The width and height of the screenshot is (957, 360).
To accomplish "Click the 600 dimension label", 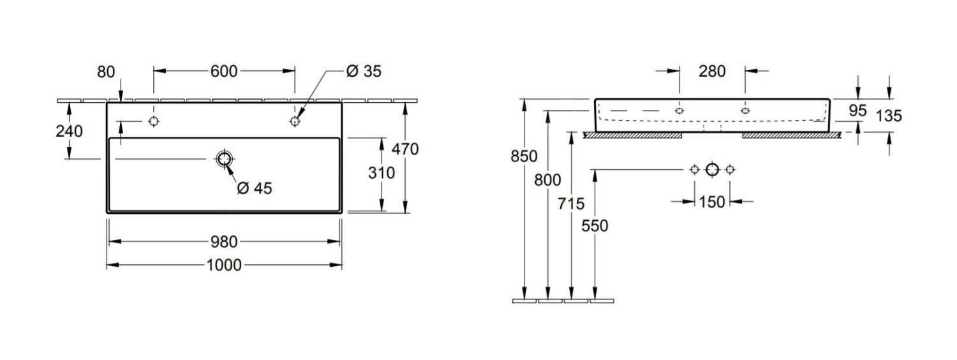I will tap(224, 71).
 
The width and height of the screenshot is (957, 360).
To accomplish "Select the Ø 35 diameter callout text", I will tap(364, 71).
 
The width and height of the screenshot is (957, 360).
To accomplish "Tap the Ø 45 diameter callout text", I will tap(254, 189).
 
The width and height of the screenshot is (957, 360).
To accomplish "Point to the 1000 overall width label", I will tap(224, 264).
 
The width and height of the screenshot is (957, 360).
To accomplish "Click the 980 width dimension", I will tap(224, 241).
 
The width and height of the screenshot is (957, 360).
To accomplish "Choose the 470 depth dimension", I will tap(405, 149).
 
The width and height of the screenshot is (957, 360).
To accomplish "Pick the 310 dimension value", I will tap(382, 173).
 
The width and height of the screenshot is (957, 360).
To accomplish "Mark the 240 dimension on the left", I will tap(69, 131).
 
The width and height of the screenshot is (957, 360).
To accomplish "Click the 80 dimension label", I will tap(107, 71).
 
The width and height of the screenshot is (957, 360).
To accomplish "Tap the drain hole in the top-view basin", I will tap(224, 159).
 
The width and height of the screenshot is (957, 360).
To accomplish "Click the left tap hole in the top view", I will tap(153, 121).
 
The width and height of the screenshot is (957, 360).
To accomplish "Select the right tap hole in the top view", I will tap(295, 121).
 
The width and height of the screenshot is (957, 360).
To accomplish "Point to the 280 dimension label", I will tap(712, 71).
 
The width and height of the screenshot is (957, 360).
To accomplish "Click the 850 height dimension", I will tap(524, 156).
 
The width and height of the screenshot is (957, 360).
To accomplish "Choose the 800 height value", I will tap(547, 181).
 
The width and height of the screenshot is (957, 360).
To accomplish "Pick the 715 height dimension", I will tap(571, 204).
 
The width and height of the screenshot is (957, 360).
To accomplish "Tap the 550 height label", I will tap(595, 226).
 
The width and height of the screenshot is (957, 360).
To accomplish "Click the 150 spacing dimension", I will tap(712, 202).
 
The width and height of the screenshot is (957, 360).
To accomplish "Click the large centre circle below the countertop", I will tap(713, 169).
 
